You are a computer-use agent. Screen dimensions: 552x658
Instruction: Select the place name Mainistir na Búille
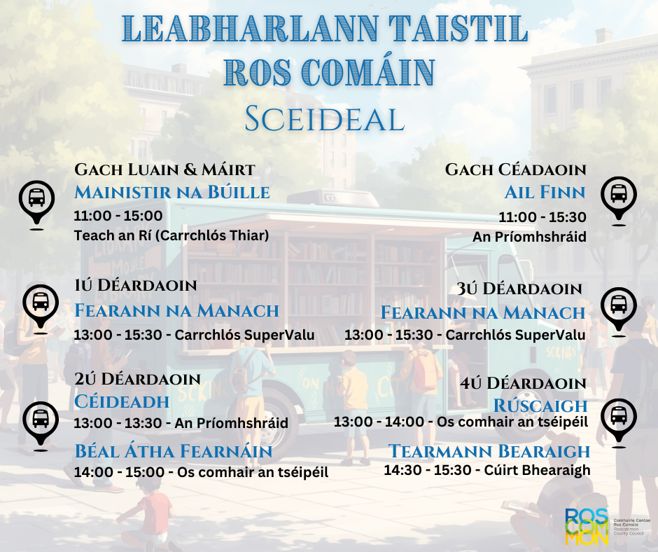click(x=172, y=192)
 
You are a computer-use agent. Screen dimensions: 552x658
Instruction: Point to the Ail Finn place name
click(x=545, y=192)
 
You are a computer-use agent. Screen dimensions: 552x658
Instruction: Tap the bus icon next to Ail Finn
click(x=618, y=193)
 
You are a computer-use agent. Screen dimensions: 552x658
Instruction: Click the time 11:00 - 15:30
click(x=542, y=216)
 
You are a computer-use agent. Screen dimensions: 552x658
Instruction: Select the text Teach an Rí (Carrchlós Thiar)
click(x=171, y=235)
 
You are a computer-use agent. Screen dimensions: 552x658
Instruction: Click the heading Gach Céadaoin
click(x=515, y=170)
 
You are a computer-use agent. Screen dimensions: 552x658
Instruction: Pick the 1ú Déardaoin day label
click(x=136, y=285)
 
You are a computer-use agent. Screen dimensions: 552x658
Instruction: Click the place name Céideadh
click(x=122, y=401)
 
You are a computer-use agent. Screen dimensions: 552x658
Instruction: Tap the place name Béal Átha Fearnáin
click(x=174, y=450)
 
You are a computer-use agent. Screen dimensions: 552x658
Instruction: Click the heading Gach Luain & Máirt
click(x=164, y=170)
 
